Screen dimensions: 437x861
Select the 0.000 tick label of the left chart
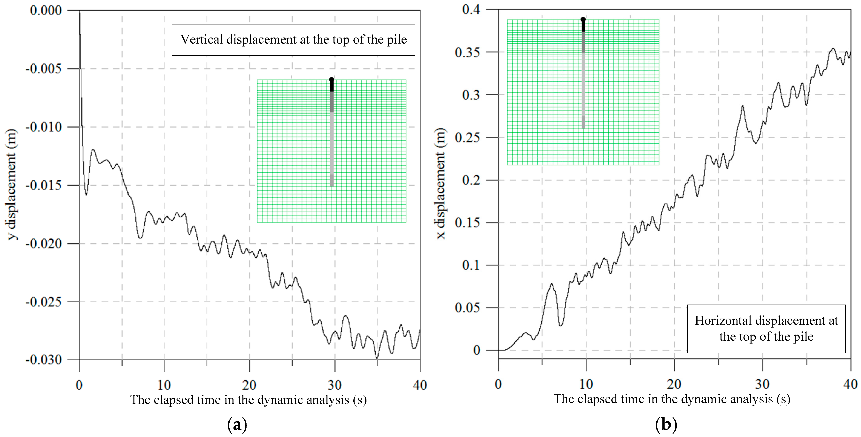point(46,10)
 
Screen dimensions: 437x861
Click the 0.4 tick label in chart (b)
point(471,9)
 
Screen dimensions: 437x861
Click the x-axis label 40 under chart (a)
point(420,385)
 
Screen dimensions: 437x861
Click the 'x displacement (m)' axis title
point(441,184)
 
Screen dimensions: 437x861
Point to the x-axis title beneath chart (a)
point(248,399)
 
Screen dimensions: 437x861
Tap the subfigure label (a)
point(237,425)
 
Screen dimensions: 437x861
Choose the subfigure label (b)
point(666,425)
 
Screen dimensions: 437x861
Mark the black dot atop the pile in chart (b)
point(583,19)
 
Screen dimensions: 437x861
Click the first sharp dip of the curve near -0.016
point(86,194)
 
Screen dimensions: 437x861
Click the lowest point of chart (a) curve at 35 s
point(377,358)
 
